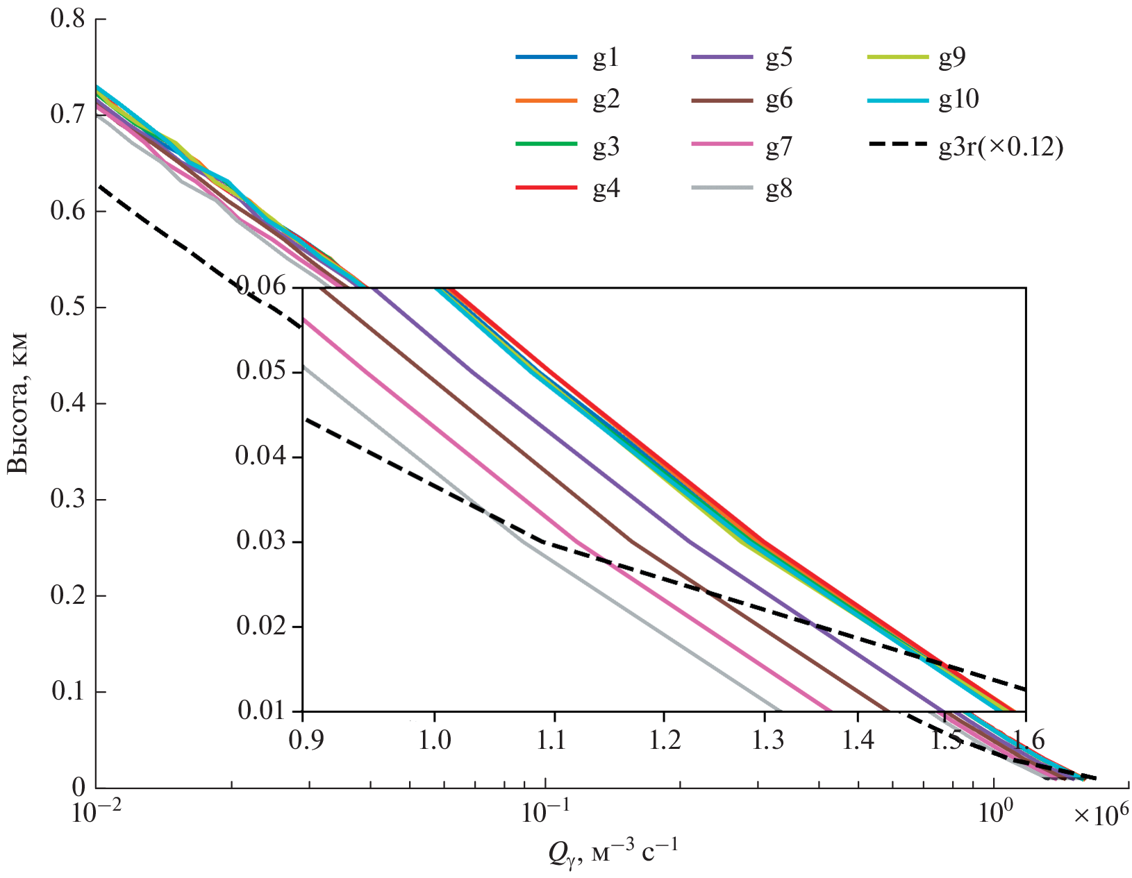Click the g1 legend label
click(x=606, y=58)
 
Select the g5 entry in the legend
click(x=779, y=58)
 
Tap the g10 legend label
click(x=959, y=99)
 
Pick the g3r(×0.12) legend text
click(x=1001, y=146)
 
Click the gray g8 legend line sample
click(x=722, y=188)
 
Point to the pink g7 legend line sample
click(x=722, y=144)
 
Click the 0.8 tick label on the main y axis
click(x=67, y=19)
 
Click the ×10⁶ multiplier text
click(x=1101, y=815)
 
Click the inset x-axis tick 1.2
click(x=664, y=740)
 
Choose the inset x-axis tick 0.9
click(x=303, y=740)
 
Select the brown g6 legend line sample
click(x=722, y=101)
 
